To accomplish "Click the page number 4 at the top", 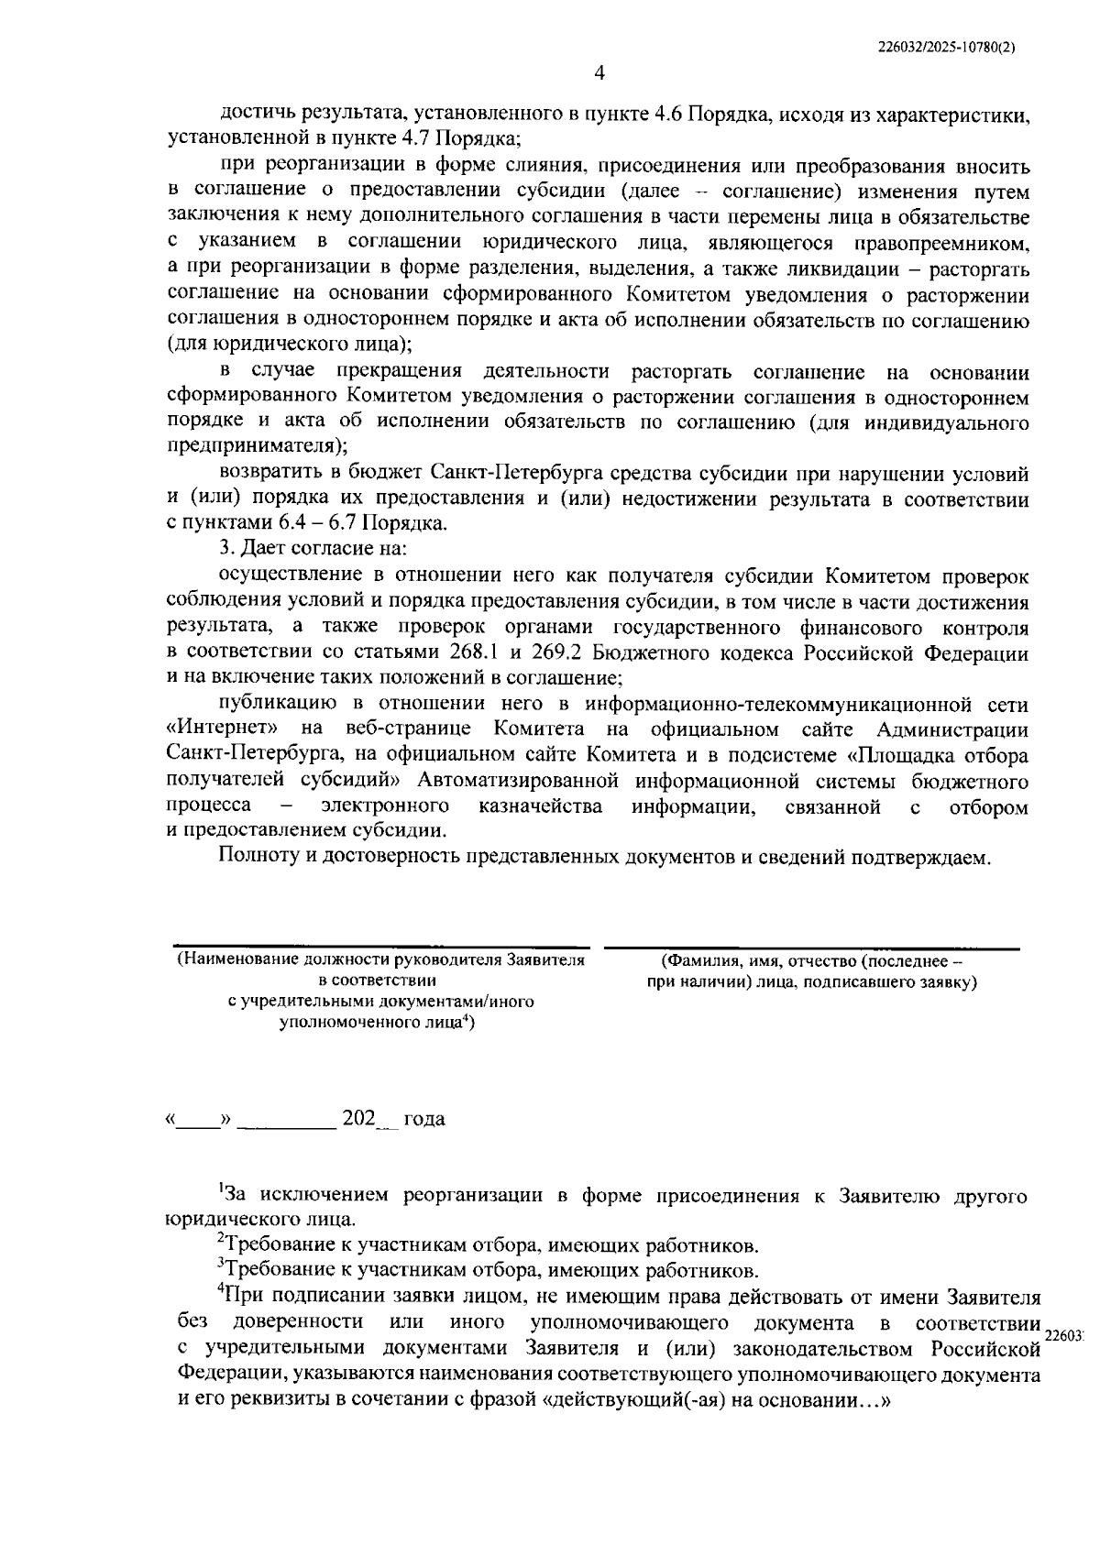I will point(599,72).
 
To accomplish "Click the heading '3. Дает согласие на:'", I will point(313,549).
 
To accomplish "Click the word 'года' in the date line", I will point(424,1120).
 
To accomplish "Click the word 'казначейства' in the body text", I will point(541,806).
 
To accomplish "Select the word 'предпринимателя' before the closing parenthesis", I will point(249,446).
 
